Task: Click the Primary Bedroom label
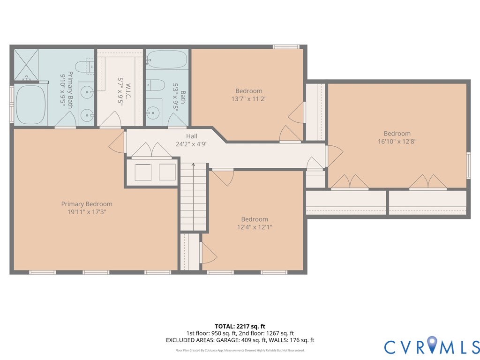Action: tap(87, 204)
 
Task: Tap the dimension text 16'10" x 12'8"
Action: tap(397, 142)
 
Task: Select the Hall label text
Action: tap(192, 136)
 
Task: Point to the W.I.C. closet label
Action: tap(128, 91)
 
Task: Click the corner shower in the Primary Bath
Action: tap(26, 65)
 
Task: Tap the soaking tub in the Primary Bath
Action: tap(30, 105)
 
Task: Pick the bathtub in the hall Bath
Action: tap(167, 60)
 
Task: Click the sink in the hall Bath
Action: tap(153, 112)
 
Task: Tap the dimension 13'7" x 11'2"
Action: tap(249, 99)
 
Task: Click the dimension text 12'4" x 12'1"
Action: tap(255, 227)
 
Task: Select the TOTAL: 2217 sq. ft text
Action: tap(240, 326)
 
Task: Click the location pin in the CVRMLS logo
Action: tap(432, 344)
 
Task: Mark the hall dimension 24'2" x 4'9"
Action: tap(192, 144)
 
